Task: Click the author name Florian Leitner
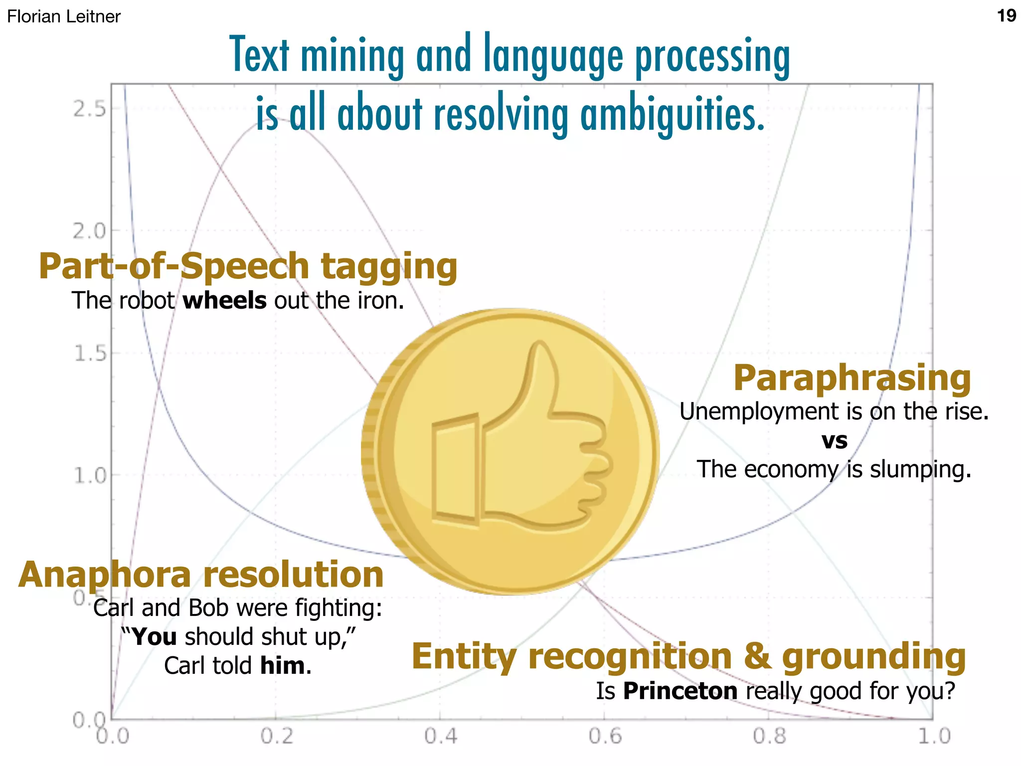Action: [x=64, y=16]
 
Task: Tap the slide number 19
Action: [x=1006, y=16]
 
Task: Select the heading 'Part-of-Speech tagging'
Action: [x=248, y=266]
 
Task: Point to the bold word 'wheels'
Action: [x=224, y=301]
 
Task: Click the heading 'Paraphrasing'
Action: [x=852, y=379]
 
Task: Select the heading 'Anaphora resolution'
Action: [x=201, y=575]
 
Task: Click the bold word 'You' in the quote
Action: [x=155, y=637]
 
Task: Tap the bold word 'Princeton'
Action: [x=680, y=691]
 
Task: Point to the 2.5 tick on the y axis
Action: [x=90, y=109]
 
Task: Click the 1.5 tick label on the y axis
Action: [x=90, y=354]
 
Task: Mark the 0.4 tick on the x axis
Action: [x=440, y=736]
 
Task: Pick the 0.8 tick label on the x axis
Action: [x=769, y=736]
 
